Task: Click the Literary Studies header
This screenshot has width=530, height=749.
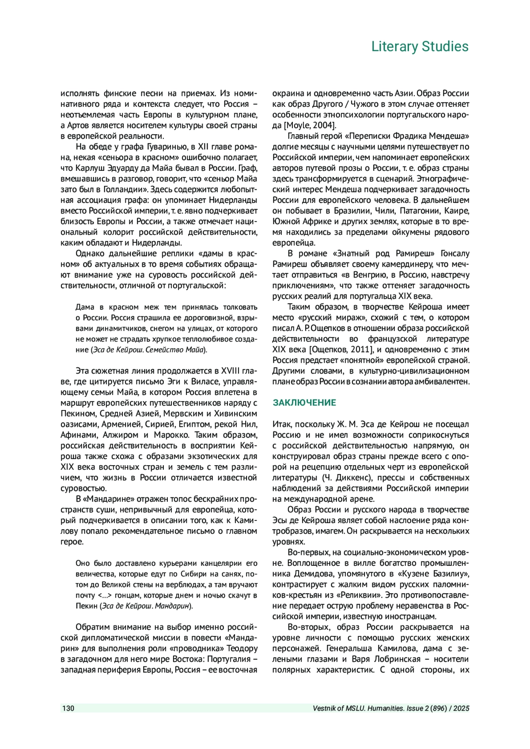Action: click(420, 46)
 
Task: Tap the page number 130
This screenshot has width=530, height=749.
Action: click(68, 708)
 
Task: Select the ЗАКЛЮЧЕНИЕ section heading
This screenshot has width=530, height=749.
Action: click(304, 403)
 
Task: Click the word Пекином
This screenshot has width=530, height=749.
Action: click(78, 414)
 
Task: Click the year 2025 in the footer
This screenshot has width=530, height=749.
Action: click(461, 708)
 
